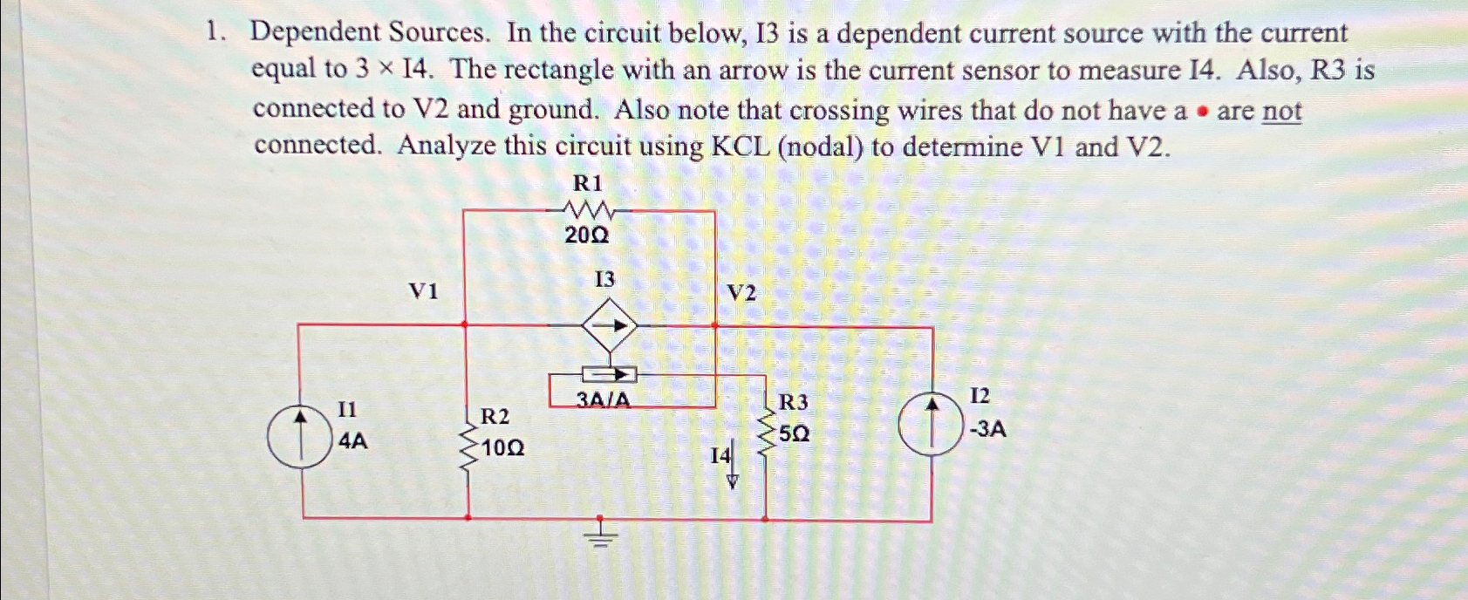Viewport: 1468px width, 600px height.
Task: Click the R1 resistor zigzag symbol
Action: pos(591,210)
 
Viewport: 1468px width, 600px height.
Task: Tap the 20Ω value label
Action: pos(586,235)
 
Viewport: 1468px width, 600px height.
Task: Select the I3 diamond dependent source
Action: pos(610,327)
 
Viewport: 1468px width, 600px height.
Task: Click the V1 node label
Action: pos(424,291)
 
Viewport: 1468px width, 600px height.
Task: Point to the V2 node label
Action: pos(741,293)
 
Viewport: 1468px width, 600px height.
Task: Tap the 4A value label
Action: pos(352,442)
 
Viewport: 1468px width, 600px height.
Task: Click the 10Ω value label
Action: pos(503,448)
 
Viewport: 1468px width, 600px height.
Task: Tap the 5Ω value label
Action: pos(795,433)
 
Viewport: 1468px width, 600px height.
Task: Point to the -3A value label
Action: pos(987,429)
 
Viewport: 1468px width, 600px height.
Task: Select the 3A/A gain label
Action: pos(603,400)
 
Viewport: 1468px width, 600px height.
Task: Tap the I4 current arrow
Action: pos(733,467)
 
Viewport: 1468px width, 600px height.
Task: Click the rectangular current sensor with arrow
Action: pos(610,375)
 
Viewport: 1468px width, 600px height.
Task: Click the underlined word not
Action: pos(1281,112)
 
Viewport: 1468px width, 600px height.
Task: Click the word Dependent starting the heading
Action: pos(315,33)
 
